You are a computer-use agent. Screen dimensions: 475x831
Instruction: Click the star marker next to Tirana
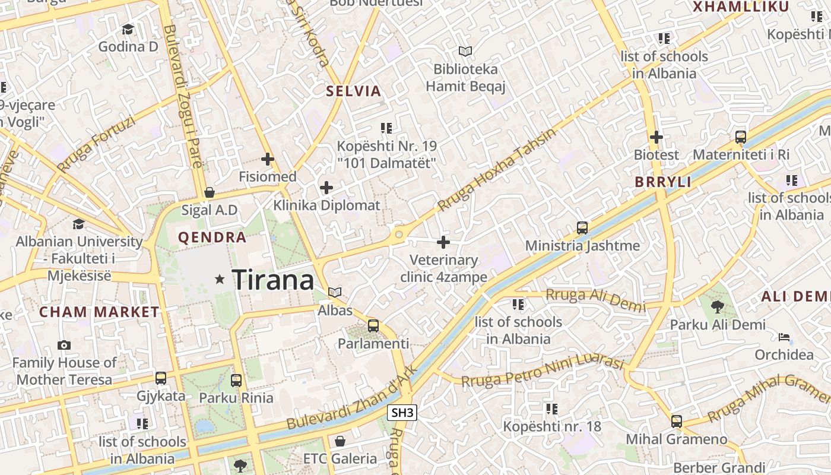220,278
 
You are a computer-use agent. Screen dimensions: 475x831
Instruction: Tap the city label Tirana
272,280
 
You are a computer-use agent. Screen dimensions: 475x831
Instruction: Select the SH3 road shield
402,413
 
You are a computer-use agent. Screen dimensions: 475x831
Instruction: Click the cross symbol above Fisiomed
268,159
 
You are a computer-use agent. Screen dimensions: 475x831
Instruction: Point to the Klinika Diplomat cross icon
326,188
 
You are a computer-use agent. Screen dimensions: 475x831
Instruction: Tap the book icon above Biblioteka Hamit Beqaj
465,52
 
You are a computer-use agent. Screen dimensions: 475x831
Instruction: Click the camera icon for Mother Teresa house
64,345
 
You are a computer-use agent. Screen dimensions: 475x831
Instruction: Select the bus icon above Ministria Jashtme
582,228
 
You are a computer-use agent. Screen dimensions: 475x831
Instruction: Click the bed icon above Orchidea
784,337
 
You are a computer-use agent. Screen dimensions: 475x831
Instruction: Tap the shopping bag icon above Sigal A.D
209,192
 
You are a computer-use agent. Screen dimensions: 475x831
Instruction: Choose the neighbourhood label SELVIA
353,91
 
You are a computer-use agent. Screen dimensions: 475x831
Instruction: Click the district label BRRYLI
663,182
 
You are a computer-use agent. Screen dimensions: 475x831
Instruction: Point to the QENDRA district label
212,237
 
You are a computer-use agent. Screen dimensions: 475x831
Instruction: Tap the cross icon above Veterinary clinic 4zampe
443,242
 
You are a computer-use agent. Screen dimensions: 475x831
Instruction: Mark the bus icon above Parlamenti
373,325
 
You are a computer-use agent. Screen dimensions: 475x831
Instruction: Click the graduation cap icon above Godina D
128,29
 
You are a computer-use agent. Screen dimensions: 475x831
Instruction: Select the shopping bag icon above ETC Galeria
340,441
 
